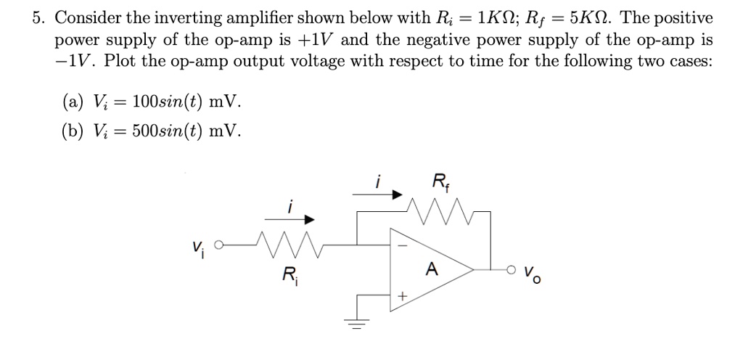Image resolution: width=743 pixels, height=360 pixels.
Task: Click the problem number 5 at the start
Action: (37, 17)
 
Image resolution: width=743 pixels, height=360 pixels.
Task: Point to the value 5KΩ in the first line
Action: (592, 17)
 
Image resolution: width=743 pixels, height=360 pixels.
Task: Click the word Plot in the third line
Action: (118, 60)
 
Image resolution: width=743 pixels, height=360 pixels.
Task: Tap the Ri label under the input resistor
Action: (289, 277)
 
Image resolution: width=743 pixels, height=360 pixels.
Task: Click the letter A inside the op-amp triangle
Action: (432, 269)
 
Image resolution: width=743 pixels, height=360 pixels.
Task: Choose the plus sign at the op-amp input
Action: (401, 296)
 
